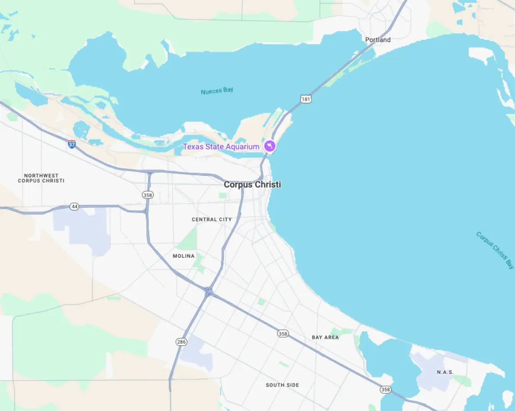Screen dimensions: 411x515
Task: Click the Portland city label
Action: point(378,40)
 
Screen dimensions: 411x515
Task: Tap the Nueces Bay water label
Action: point(217,91)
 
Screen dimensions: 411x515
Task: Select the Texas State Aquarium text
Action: point(221,146)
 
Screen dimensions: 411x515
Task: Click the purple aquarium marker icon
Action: point(270,146)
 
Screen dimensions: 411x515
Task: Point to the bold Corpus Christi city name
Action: point(252,185)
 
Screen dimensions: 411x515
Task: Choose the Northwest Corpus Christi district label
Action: point(41,178)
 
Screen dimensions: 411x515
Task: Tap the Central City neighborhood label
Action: point(212,219)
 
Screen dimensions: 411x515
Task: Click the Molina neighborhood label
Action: point(184,256)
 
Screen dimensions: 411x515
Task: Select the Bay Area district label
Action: point(325,338)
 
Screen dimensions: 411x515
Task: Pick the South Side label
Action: point(282,385)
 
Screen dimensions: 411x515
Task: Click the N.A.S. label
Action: point(445,372)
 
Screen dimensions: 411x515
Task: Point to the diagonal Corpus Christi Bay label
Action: point(495,250)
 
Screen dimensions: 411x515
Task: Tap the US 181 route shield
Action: point(306,99)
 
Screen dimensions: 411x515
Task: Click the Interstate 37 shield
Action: point(72,144)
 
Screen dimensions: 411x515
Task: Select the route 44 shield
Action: point(75,207)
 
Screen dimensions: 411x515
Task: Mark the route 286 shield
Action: point(181,342)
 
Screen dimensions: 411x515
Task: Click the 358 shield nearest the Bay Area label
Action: point(282,334)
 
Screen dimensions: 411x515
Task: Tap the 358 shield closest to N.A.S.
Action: point(385,390)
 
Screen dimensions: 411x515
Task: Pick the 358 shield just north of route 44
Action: point(147,195)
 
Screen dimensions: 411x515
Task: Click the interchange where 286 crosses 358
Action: point(209,292)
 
